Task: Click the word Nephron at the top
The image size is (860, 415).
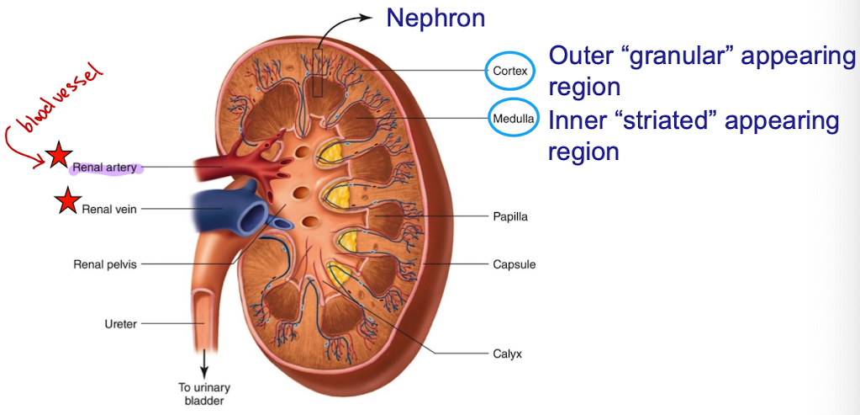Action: pos(436,17)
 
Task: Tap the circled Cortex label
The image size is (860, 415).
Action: pos(510,71)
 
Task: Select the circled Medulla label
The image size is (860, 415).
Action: pos(512,119)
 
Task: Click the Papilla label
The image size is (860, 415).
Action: pos(509,216)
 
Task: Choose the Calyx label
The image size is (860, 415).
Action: pos(507,354)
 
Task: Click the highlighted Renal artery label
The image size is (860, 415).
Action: pos(105,168)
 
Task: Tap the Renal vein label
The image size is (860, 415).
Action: pos(108,209)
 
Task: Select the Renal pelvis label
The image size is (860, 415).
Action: pos(105,264)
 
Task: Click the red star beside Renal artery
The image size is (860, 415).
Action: pos(59,156)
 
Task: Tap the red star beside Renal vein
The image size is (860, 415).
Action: pos(66,202)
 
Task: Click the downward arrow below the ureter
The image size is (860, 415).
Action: pos(203,366)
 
